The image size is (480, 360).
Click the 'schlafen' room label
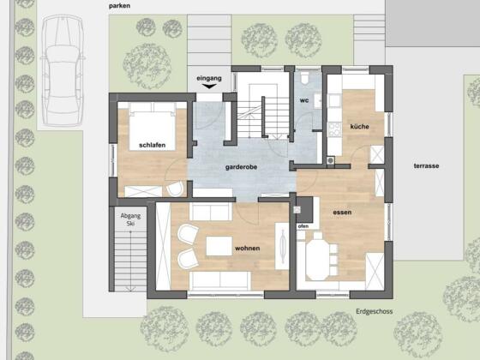click(x=153, y=145)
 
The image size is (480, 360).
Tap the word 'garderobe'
click(x=241, y=167)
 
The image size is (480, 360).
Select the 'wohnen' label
click(x=248, y=249)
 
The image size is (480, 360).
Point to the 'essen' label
click(x=342, y=213)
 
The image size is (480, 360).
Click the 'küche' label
click(x=360, y=127)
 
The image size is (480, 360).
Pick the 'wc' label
click(x=304, y=100)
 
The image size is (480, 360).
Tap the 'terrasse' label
click(x=427, y=166)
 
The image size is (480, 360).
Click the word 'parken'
click(x=119, y=6)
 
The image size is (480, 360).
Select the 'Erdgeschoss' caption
click(x=374, y=312)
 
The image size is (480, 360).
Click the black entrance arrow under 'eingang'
click(x=209, y=87)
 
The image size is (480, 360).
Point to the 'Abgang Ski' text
click(x=130, y=219)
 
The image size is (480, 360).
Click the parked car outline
click(x=63, y=70)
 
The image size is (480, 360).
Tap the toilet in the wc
click(x=304, y=78)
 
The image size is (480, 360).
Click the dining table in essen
click(x=318, y=256)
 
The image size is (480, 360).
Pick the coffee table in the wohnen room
click(x=219, y=246)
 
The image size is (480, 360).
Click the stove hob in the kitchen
click(x=334, y=129)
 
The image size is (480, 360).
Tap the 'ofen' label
click(x=303, y=226)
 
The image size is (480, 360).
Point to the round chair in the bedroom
click(x=176, y=189)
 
